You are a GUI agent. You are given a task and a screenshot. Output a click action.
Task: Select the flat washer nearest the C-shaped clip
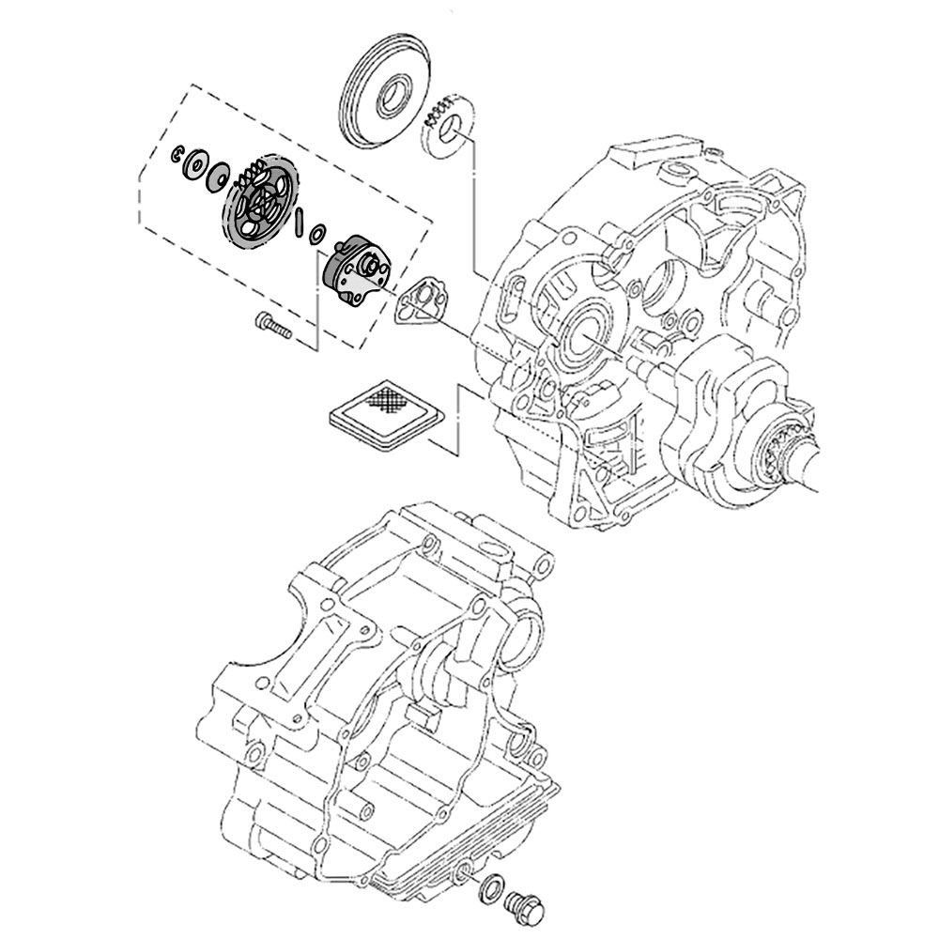197,162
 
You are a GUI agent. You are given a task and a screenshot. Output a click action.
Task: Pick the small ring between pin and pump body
317,232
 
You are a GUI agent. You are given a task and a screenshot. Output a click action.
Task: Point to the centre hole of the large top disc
389,95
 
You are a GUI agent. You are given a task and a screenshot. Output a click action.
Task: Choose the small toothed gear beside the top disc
447,128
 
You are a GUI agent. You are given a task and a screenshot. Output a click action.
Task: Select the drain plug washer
490,890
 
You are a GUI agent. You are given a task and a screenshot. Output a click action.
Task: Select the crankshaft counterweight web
723,413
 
